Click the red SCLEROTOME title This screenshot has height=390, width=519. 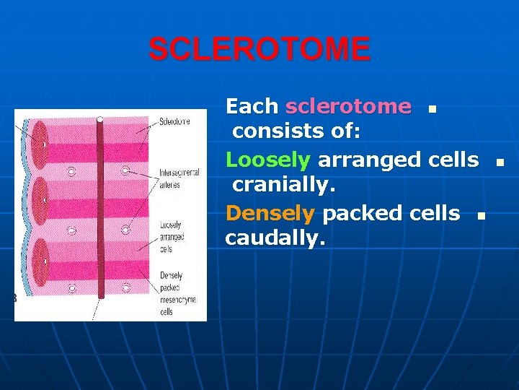pos(259,49)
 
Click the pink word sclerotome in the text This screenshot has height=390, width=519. pos(349,106)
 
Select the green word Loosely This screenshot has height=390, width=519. pos(268,160)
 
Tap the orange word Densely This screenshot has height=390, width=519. pos(270,214)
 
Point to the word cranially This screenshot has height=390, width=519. pos(284,184)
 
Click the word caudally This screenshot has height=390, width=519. pos(275,238)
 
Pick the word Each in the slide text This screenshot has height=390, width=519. pos(252,106)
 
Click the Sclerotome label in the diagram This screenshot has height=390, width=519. pos(174,121)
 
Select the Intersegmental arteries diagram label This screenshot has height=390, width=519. pos(179,178)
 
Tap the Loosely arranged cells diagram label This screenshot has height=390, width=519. pos(172,237)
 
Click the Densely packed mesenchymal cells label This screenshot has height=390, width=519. pos(178,293)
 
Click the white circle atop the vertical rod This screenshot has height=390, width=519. pos(100,119)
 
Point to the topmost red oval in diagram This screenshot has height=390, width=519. pos(40,144)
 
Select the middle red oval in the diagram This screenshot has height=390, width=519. pos(40,200)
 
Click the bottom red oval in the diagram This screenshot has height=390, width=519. pos(41,262)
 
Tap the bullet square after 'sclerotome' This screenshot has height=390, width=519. pos(432,109)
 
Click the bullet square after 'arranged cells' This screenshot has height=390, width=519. pos(500,162)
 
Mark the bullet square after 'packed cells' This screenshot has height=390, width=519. pos(482,216)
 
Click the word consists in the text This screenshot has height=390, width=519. pos(278,131)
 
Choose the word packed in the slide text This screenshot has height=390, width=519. pos(362,214)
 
